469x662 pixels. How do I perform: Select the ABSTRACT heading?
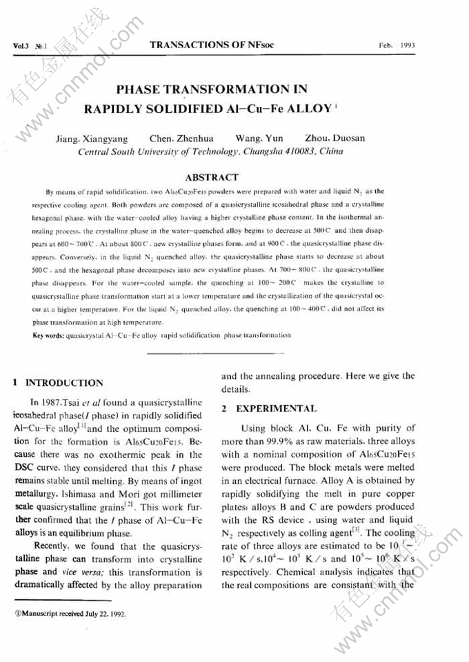212,177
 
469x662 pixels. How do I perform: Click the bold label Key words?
48,335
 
